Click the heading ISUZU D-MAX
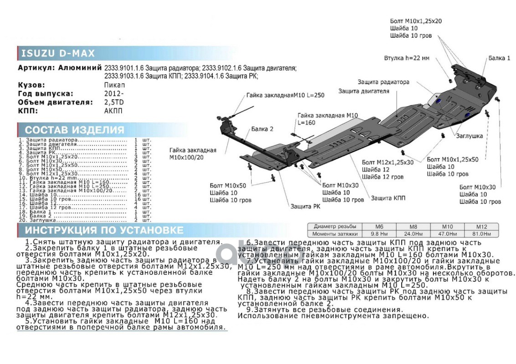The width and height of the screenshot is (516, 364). click(x=58, y=53)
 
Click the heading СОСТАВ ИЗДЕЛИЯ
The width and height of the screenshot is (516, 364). click(x=74, y=130)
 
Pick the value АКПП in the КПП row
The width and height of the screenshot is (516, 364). click(x=114, y=111)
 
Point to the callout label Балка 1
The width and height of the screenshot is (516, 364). click(x=499, y=58)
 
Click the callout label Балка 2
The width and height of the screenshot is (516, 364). click(x=262, y=129)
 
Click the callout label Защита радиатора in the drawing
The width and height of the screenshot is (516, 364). click(x=383, y=82)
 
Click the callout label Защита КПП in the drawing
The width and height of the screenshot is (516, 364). click(x=388, y=198)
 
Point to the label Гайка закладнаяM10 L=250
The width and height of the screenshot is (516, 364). click(x=285, y=95)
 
